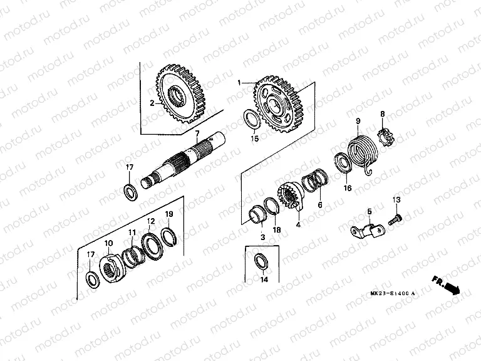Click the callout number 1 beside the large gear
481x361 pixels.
coord(239,83)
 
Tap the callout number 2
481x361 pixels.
coord(152,103)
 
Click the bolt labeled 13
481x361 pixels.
coord(396,218)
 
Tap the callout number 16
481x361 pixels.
coord(348,187)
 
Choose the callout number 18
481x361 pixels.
coord(276,230)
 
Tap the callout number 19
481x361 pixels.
coord(169,215)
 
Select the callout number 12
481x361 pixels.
coord(151,221)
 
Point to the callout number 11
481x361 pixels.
coord(132,233)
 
